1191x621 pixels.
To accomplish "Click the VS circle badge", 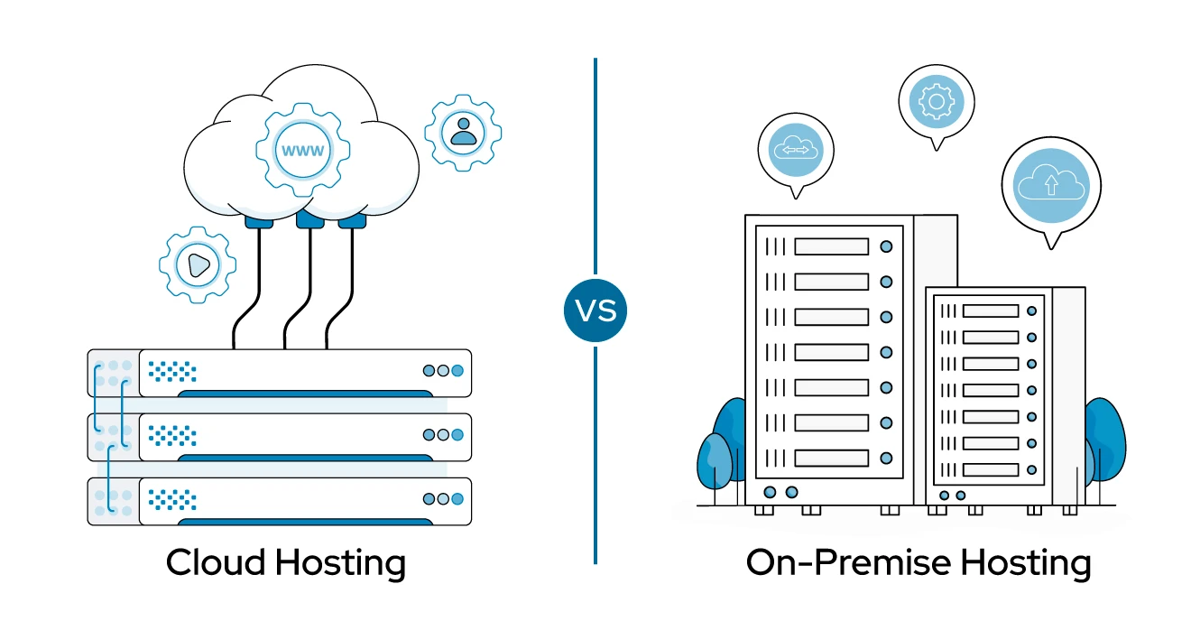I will coord(595,310).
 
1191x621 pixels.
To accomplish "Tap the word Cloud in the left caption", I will coord(216,562).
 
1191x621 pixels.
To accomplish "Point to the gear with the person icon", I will coord(464,132).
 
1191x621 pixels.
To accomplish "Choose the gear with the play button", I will coord(198,264).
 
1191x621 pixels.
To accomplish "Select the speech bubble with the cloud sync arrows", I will coord(796,151).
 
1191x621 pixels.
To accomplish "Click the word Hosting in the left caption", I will coord(340,564).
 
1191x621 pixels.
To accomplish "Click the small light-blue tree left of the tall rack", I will coord(714,461).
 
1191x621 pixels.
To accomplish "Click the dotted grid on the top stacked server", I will coord(172,370).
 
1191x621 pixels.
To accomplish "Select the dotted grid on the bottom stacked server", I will coord(172,499).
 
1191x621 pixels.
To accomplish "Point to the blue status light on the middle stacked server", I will coord(457,435).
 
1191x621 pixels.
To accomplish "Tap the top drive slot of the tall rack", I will coord(831,246).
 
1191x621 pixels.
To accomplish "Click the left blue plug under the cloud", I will coord(259,220).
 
